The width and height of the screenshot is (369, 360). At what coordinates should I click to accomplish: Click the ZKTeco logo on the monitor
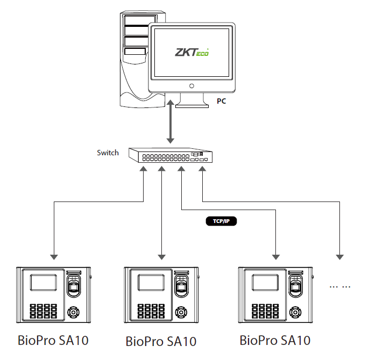(192, 52)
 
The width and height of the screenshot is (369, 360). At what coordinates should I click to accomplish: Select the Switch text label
(108, 153)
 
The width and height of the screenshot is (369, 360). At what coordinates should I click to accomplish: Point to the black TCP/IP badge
(222, 221)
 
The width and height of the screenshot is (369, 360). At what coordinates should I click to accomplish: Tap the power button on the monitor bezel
(191, 85)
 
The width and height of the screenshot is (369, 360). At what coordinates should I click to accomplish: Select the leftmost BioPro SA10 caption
(53, 340)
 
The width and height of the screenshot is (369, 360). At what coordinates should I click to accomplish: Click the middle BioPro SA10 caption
(161, 341)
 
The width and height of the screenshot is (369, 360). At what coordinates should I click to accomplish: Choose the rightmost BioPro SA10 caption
(275, 340)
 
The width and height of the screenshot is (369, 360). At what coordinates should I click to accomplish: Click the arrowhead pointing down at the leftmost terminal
(53, 256)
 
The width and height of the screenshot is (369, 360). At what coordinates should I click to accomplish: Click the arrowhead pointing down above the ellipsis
(340, 256)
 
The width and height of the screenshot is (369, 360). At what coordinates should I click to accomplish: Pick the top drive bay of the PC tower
(137, 21)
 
